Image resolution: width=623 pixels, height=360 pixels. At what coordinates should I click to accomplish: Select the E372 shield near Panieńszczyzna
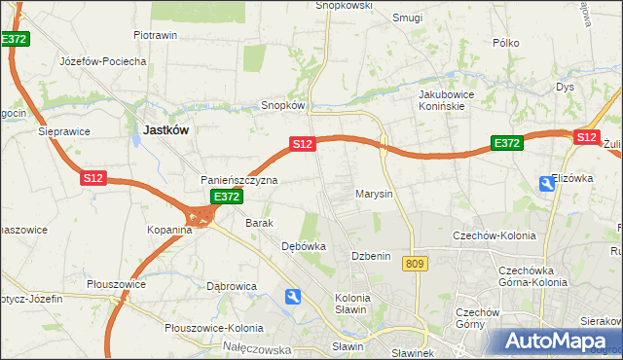(226, 197)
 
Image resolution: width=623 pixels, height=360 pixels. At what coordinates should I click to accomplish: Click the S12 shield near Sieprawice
(92, 178)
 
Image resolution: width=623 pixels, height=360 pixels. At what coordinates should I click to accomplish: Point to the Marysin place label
(374, 194)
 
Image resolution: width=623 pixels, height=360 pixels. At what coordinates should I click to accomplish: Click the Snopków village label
(284, 105)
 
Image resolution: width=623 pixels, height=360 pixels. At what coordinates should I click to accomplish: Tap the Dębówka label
(303, 247)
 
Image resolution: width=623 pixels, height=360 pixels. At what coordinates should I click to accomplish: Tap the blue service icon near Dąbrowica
(292, 297)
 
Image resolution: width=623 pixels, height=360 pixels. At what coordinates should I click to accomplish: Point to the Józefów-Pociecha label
(102, 61)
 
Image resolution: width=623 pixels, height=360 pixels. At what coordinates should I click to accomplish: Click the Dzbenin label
(371, 256)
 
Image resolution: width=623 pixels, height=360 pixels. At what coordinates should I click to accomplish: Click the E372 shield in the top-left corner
(15, 39)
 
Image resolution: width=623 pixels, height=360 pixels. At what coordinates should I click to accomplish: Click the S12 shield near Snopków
(303, 144)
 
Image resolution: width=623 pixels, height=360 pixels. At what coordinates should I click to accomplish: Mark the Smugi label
(407, 17)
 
